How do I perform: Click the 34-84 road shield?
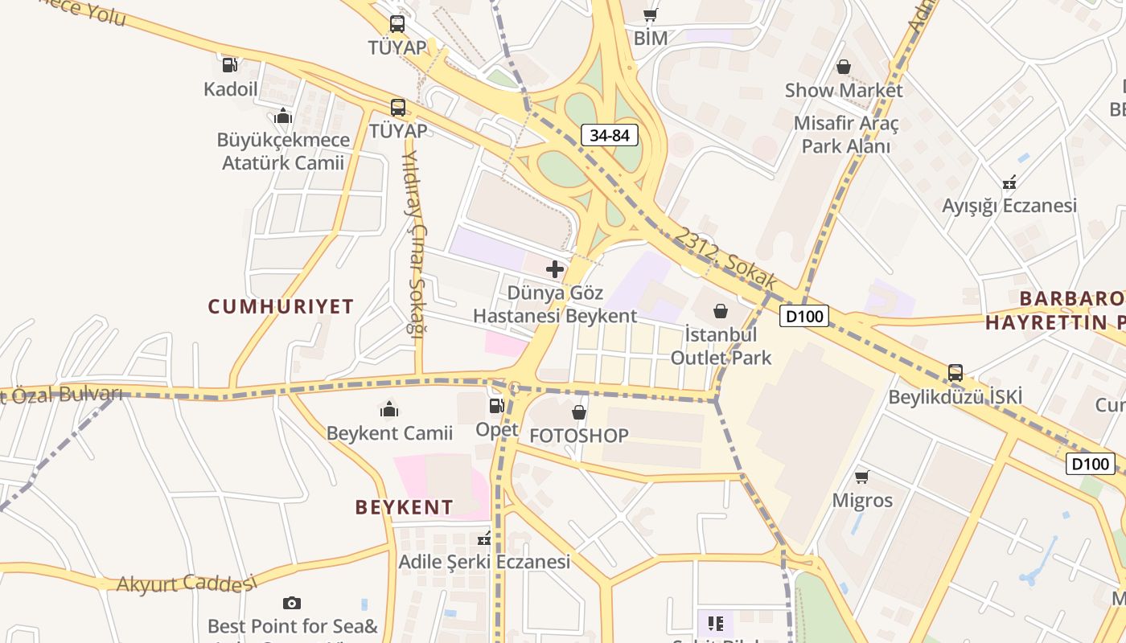(610, 135)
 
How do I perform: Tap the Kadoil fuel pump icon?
(230, 64)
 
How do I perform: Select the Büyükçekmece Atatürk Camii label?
(283, 151)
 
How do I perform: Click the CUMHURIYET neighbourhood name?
(281, 306)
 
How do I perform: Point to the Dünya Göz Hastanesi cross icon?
(554, 269)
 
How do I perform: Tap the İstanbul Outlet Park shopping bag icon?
(721, 311)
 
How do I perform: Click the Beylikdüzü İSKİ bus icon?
(955, 373)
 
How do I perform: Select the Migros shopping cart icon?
(862, 477)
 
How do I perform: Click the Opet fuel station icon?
(496, 407)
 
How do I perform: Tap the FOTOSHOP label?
(578, 436)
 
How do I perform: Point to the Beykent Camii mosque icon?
(389, 410)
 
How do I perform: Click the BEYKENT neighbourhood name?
(404, 507)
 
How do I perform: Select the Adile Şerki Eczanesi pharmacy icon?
(483, 539)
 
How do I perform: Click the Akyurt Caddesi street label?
(186, 583)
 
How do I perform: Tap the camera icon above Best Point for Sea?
(292, 603)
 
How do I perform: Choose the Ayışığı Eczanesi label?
(1009, 206)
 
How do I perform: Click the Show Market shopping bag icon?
(844, 67)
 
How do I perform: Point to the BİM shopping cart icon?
(651, 14)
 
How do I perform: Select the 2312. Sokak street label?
(725, 259)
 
